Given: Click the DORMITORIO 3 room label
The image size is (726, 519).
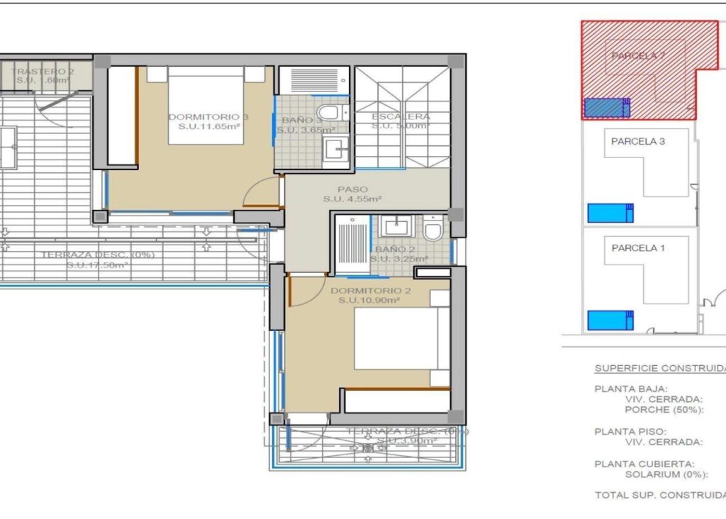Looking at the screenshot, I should click(x=198, y=117).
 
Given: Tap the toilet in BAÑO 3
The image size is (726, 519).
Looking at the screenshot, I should click(x=329, y=113).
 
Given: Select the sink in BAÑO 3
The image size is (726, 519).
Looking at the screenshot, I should click(x=333, y=149).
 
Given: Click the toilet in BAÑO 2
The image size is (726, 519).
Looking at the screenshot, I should click(x=432, y=229).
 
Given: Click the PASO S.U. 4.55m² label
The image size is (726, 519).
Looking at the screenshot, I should click(x=352, y=194).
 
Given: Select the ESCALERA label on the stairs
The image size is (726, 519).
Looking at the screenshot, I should click(x=401, y=117).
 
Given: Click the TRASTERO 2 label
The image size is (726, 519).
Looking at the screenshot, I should click(x=43, y=72).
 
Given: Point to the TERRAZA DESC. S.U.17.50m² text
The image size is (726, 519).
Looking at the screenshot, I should click(x=97, y=259).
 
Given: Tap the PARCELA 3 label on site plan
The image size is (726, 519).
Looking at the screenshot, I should click(x=637, y=141).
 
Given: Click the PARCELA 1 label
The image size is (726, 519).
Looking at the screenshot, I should click(x=637, y=248).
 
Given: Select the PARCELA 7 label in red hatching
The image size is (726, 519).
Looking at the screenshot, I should click(x=637, y=55).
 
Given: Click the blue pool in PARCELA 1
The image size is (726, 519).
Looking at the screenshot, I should click(x=610, y=320).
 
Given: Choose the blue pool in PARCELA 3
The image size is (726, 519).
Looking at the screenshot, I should click(x=610, y=213).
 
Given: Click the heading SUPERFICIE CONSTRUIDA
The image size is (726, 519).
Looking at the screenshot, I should click(x=659, y=369).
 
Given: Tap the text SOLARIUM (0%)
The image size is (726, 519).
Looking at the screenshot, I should click(x=664, y=474).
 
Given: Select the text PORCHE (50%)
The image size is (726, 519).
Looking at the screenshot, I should click(x=664, y=410).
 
